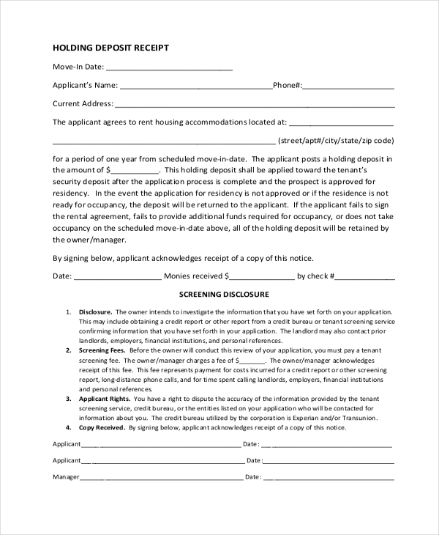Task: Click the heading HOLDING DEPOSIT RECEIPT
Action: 110,48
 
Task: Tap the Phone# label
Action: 288,85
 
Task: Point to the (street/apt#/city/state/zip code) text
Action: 337,140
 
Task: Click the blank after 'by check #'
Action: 365,277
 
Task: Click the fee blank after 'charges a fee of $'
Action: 252,361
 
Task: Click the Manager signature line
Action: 161,477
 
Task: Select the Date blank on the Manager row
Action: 328,477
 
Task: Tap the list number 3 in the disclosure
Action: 68,398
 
